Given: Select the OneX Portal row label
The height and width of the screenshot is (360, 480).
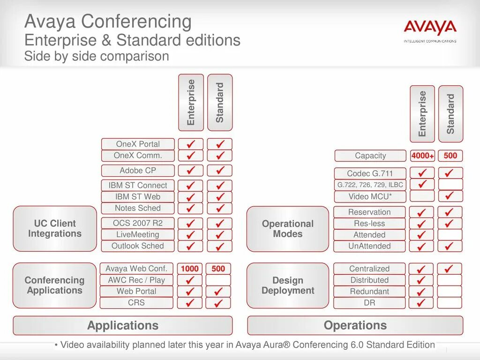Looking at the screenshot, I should [138, 144].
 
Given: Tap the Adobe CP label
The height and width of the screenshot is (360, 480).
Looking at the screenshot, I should [138, 171].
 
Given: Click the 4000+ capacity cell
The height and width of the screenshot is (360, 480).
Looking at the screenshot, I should [422, 156].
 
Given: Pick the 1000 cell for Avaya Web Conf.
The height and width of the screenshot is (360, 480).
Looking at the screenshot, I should [190, 269].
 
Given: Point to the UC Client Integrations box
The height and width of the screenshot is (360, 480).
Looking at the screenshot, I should [55, 229].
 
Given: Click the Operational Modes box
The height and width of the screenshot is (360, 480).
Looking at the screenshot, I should [288, 229].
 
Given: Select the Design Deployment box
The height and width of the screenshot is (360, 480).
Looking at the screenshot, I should [288, 285].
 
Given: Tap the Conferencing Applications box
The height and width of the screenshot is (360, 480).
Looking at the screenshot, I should [55, 285].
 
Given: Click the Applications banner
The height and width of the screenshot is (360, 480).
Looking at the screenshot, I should [123, 325].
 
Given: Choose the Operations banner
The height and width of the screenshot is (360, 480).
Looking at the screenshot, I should [355, 325].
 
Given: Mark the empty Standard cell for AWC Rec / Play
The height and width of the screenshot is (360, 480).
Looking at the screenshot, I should [218, 280].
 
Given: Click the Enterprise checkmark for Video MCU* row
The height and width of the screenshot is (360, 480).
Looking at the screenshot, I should [422, 196].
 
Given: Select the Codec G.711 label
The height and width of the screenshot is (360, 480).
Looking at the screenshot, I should [370, 173].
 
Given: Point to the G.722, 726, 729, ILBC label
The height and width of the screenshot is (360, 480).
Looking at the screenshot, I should [370, 185].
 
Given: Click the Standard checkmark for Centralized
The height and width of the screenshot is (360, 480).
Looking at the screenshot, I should [449, 269].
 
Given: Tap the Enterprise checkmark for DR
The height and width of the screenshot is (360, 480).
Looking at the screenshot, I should [421, 303].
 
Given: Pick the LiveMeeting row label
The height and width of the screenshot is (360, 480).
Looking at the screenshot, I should [138, 234].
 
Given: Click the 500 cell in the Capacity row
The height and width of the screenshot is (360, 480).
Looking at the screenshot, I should [450, 156].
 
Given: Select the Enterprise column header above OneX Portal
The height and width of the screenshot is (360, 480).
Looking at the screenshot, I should [191, 102].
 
